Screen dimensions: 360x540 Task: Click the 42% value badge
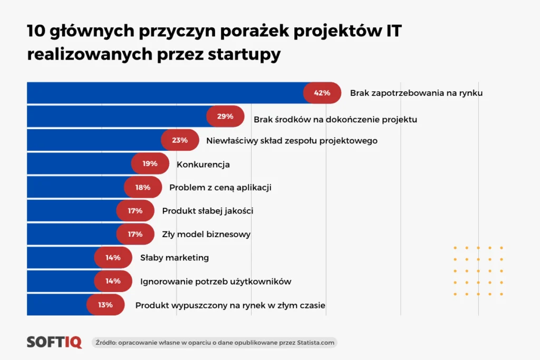click(x=322, y=93)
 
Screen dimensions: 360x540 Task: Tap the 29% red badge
click(x=225, y=116)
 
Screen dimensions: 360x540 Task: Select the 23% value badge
click(x=180, y=140)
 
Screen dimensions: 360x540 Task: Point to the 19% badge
click(x=150, y=164)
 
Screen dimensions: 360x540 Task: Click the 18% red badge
click(x=143, y=187)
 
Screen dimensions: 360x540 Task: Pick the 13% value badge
click(x=105, y=305)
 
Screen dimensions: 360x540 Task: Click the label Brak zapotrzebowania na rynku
click(x=416, y=93)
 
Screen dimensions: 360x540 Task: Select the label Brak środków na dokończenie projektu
click(x=335, y=120)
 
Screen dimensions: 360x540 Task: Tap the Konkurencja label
click(x=203, y=164)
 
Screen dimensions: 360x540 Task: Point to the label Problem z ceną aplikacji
click(x=220, y=188)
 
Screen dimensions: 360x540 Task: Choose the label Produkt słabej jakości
click(x=208, y=211)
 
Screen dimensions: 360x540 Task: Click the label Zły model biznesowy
click(x=206, y=235)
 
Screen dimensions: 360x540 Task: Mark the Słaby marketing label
click(x=175, y=258)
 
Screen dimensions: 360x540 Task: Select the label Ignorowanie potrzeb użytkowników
click(x=216, y=281)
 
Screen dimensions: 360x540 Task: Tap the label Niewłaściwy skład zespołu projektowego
click(x=292, y=141)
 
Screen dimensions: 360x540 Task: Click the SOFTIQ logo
click(x=54, y=342)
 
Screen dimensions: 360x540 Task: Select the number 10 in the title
click(x=36, y=32)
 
